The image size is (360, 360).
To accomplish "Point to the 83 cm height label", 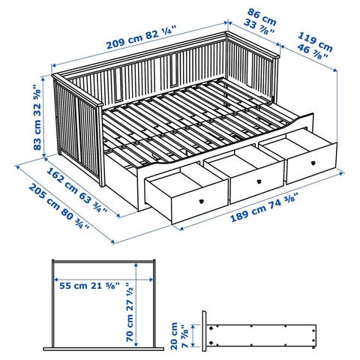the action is pyautogui.click(x=37, y=117).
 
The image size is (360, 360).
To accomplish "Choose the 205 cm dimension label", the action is pyautogui.click(x=59, y=205).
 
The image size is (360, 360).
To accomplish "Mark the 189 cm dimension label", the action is pyautogui.click(x=264, y=207).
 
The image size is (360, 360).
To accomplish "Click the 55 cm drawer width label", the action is pyautogui.click(x=89, y=286).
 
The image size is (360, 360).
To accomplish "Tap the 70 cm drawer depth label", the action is pyautogui.click(x=130, y=313).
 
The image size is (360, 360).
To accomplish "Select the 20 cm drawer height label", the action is pyautogui.click(x=178, y=336).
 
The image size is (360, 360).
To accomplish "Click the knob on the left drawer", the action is pyautogui.click(x=201, y=201).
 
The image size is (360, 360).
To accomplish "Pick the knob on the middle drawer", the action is pyautogui.click(x=259, y=181).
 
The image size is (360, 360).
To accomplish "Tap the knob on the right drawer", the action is pyautogui.click(x=313, y=163).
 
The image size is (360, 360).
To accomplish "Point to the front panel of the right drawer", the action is pyautogui.click(x=311, y=163).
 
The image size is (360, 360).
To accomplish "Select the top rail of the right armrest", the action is pyautogui.click(x=253, y=44).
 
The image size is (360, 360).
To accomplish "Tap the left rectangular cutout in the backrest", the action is pyautogui.click(x=118, y=84).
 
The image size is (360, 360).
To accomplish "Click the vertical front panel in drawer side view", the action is pyautogui.click(x=205, y=331).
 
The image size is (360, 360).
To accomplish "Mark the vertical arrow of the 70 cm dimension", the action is pyautogui.click(x=136, y=304).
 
